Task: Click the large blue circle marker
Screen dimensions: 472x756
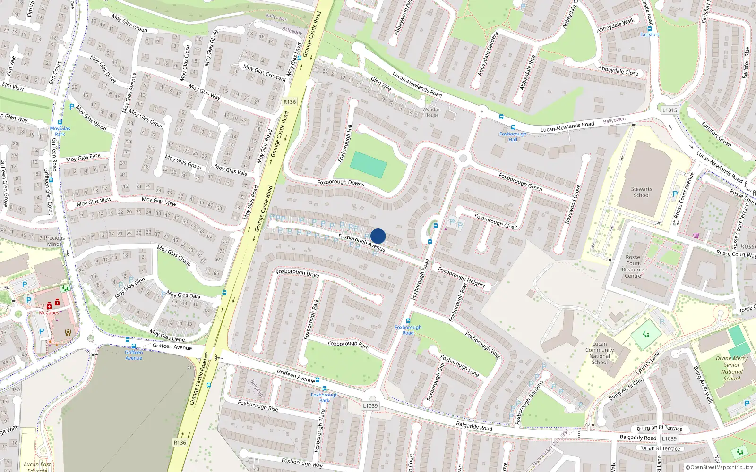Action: [x=378, y=236]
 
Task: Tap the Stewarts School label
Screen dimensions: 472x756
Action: [x=641, y=192]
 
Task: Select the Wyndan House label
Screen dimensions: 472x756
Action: [x=431, y=112]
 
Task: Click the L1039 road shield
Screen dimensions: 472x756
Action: [x=370, y=405]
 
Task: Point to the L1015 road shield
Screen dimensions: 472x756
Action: [x=670, y=110]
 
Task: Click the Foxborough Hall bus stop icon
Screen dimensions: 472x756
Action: [x=513, y=127]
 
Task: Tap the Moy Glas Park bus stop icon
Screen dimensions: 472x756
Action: [x=60, y=122]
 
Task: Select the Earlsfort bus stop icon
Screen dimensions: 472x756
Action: [x=650, y=29]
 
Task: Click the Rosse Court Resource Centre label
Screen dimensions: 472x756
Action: [x=633, y=267]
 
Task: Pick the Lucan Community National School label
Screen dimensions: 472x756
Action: [x=600, y=353]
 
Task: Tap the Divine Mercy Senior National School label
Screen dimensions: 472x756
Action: [x=731, y=368]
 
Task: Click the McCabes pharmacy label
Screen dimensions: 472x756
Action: [x=49, y=313]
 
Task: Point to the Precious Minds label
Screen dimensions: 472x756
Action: [x=55, y=241]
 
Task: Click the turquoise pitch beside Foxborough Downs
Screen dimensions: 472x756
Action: [x=368, y=165]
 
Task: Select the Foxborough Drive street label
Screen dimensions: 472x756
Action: [x=297, y=272]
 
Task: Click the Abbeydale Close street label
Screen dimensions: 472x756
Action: [x=618, y=71]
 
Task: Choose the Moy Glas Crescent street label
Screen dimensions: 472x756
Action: [x=265, y=72]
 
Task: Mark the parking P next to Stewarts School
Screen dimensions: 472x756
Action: [x=675, y=194]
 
